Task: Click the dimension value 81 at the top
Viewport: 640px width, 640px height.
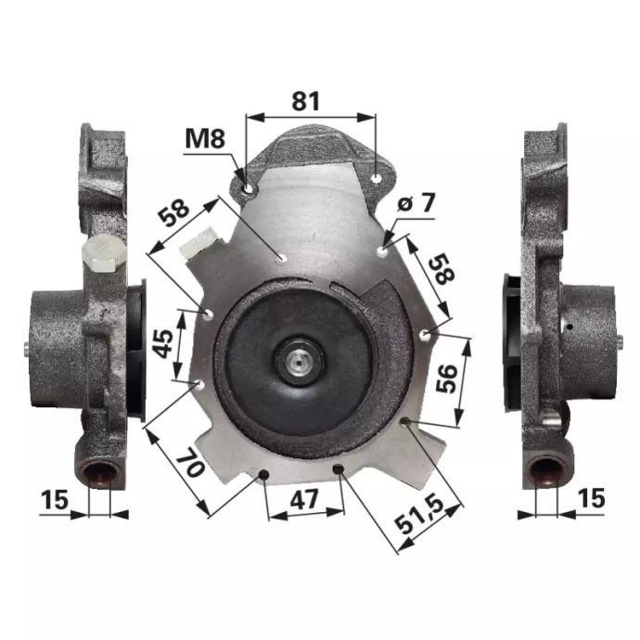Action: [x=306, y=101]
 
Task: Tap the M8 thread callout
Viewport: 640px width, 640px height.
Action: [x=205, y=138]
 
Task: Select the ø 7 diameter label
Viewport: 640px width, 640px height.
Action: [x=416, y=202]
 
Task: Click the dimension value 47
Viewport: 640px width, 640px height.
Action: [x=303, y=500]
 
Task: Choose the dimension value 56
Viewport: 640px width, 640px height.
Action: [x=446, y=378]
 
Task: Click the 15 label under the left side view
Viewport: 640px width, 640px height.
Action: [x=55, y=500]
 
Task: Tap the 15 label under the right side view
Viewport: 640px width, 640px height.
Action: [x=591, y=498]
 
